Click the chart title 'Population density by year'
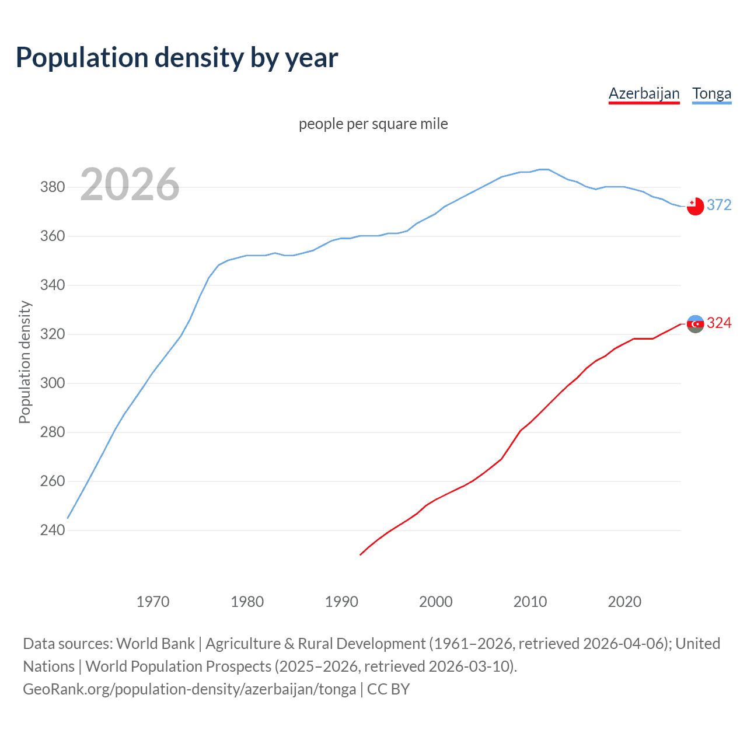tap(177, 58)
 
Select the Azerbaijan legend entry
tap(644, 93)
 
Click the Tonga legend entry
tap(711, 93)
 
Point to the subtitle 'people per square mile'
tap(373, 124)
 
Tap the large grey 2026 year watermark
tap(130, 184)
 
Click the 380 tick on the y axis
tap(53, 187)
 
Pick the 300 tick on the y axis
tap(53, 383)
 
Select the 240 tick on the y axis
tap(53, 530)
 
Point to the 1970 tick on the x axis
tap(153, 602)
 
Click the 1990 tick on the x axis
tap(341, 602)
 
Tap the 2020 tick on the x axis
tap(624, 602)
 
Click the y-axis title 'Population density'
tap(25, 362)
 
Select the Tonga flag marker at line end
tap(695, 206)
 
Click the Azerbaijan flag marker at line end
tap(695, 324)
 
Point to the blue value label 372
tap(719, 205)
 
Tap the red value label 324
tap(719, 323)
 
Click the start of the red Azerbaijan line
tap(361, 554)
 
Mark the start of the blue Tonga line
tap(68, 518)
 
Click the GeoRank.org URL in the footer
tap(189, 689)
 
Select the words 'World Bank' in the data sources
tap(155, 644)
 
